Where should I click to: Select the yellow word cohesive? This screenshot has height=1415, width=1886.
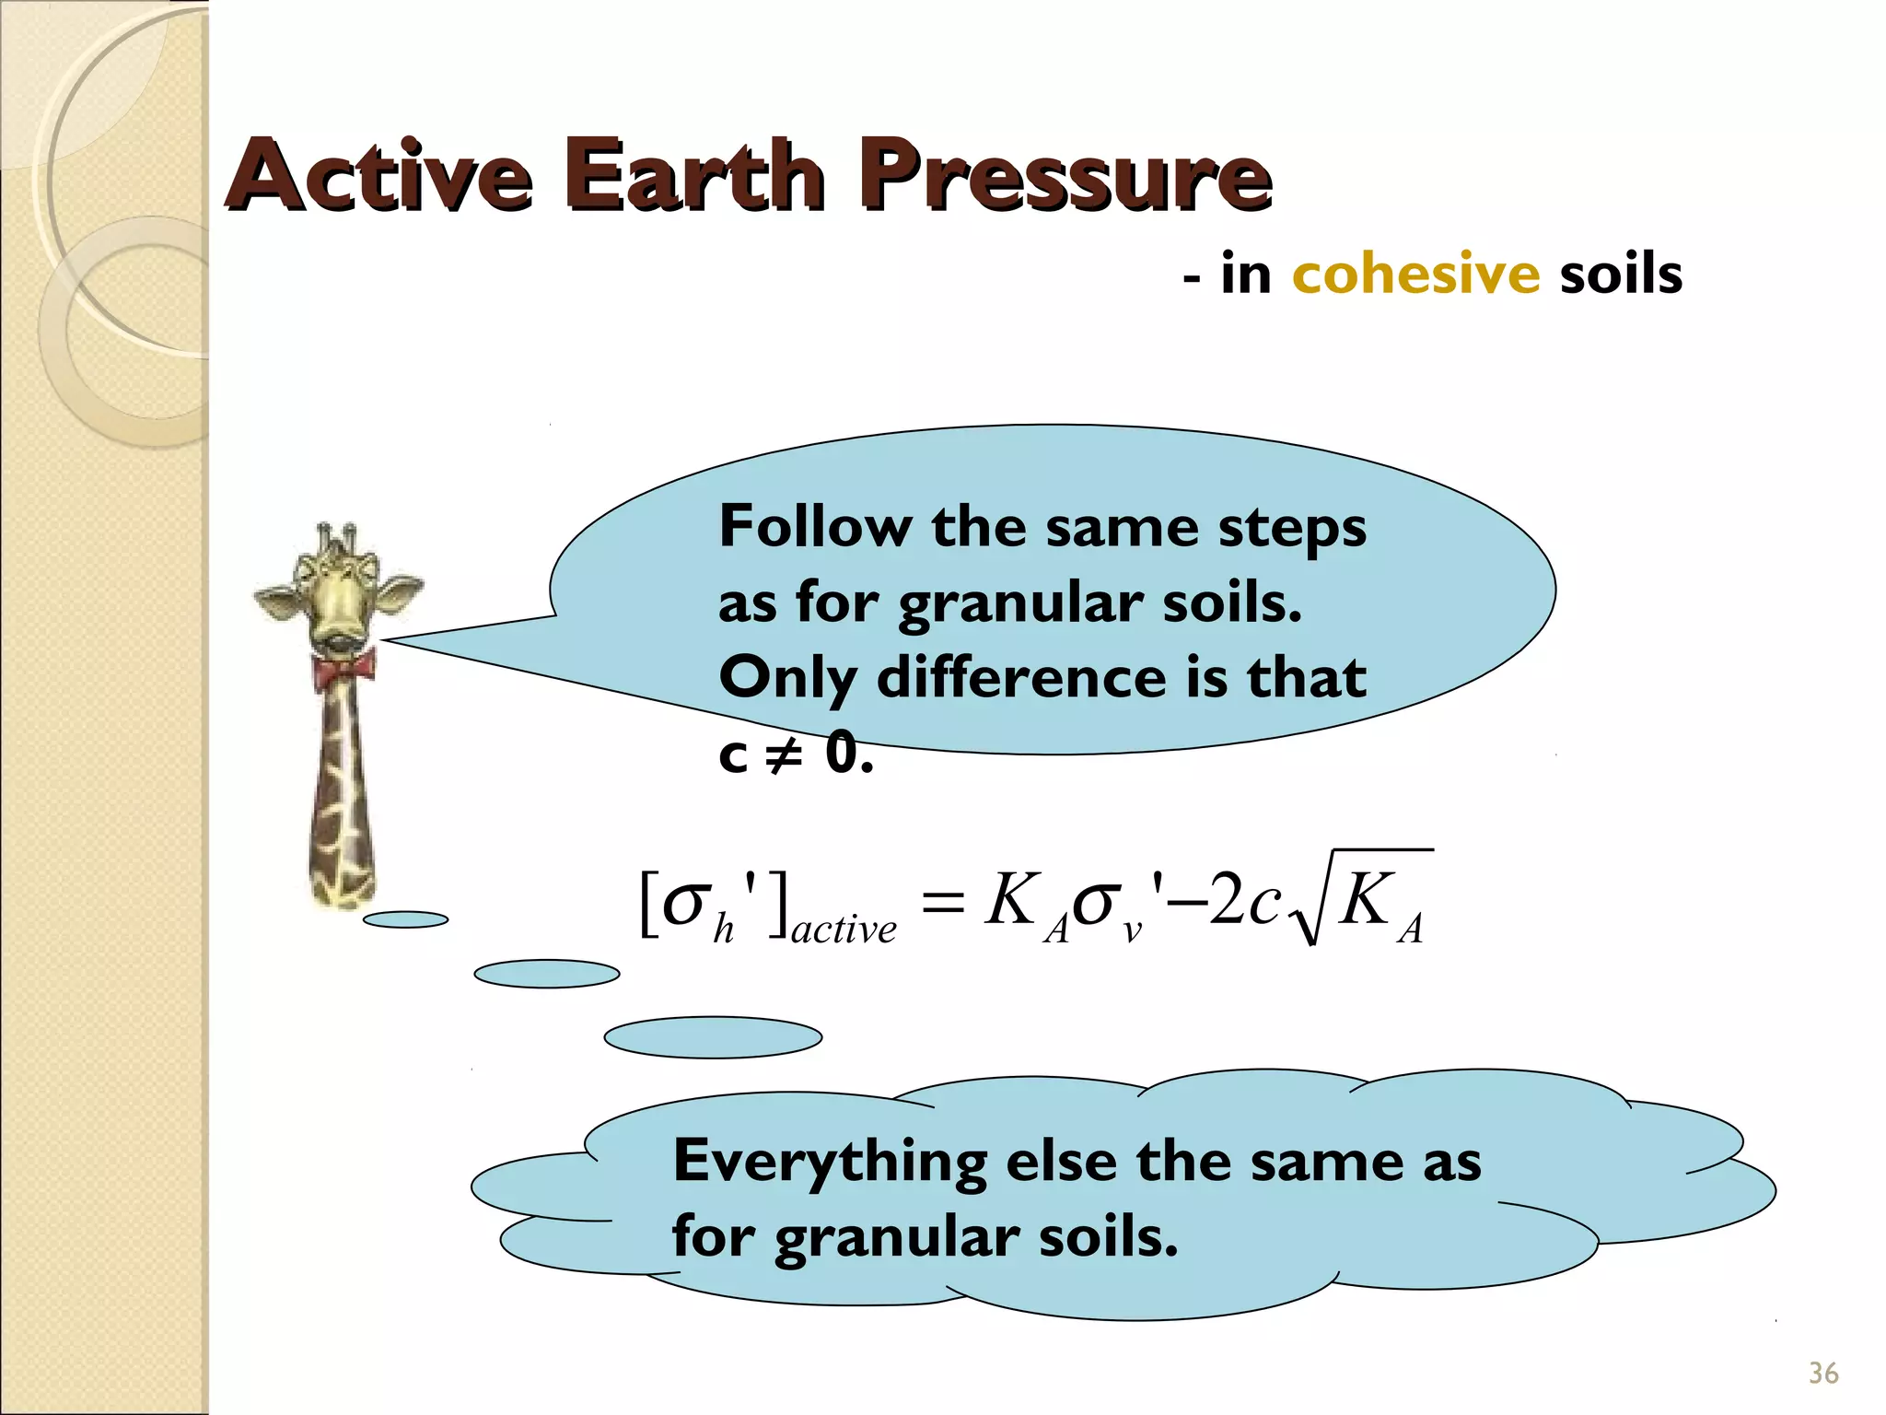[1415, 274]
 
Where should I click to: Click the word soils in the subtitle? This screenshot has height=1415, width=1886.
[1621, 274]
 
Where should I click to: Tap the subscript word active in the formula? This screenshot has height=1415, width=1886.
[844, 930]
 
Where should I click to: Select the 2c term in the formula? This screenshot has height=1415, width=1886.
[1243, 900]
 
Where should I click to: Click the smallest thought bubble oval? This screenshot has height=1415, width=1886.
[405, 919]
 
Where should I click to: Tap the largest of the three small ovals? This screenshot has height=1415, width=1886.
[712, 1037]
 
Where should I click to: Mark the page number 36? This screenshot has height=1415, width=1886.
[1822, 1374]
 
